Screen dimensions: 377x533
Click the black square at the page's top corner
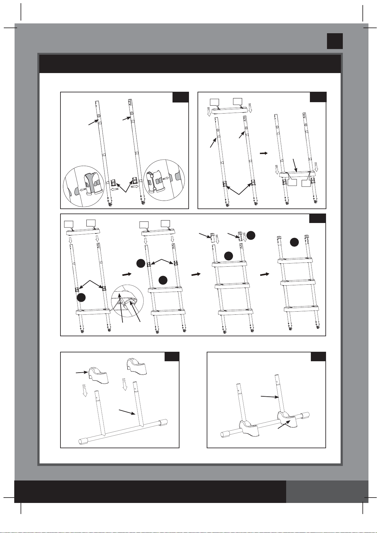click(335, 41)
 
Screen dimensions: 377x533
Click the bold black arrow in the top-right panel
click(263, 153)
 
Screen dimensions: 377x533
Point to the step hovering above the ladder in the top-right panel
click(230, 110)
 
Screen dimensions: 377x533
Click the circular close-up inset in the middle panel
click(127, 301)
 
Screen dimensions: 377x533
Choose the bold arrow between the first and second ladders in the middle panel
click(127, 274)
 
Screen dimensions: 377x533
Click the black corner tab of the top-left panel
click(180, 97)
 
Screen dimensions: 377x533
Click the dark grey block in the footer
click(327, 492)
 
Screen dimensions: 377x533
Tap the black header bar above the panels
click(190, 64)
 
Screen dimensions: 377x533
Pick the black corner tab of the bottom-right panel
click(318, 356)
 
